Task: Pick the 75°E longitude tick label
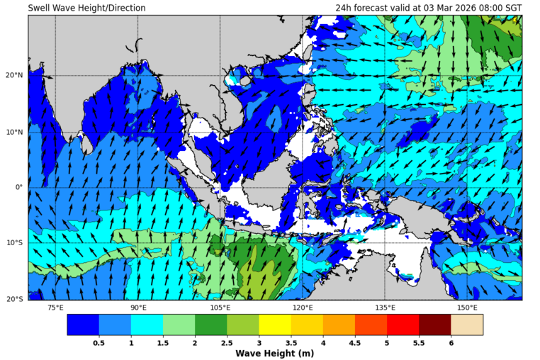click(x=55, y=308)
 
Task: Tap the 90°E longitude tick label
click(x=138, y=308)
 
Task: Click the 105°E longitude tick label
click(x=220, y=308)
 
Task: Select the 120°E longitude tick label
click(x=303, y=308)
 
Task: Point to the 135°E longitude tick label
click(x=385, y=308)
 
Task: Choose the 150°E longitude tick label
click(x=467, y=308)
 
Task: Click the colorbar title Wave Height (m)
click(x=275, y=353)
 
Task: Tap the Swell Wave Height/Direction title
click(x=86, y=8)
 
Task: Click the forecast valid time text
click(x=429, y=8)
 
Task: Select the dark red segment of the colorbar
click(x=435, y=325)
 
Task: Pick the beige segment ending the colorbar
click(x=467, y=325)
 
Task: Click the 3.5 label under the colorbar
click(x=291, y=342)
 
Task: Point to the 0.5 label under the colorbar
click(x=99, y=342)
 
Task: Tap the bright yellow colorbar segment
click(x=275, y=325)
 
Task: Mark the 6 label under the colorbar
click(x=451, y=342)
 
